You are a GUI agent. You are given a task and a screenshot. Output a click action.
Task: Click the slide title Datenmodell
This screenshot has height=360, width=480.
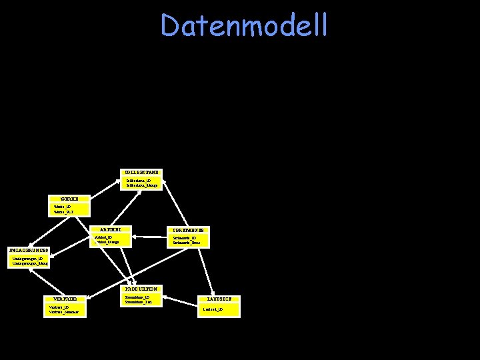(245, 26)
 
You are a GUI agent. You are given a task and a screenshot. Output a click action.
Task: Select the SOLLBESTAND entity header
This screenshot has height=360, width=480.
(141, 173)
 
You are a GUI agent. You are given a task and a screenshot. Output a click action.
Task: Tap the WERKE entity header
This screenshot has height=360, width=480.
(69, 199)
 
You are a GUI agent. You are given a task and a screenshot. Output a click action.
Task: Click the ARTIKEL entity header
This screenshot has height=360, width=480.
(110, 230)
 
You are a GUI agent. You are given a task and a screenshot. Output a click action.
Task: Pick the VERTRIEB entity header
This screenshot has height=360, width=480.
(65, 299)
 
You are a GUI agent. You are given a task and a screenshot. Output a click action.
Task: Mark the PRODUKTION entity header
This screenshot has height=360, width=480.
(141, 289)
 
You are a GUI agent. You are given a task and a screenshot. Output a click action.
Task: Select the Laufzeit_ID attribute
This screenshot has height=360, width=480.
(213, 310)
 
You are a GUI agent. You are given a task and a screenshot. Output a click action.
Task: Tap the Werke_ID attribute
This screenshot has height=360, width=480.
(63, 207)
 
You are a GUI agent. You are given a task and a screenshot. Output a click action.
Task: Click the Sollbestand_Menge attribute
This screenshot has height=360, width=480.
(142, 185)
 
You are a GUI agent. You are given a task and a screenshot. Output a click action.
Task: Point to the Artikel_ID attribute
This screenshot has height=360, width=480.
(103, 237)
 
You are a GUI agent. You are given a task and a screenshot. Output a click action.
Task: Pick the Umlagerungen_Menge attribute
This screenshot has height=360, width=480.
(30, 264)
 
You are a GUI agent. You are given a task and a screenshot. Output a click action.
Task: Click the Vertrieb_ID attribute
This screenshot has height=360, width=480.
(58, 307)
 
